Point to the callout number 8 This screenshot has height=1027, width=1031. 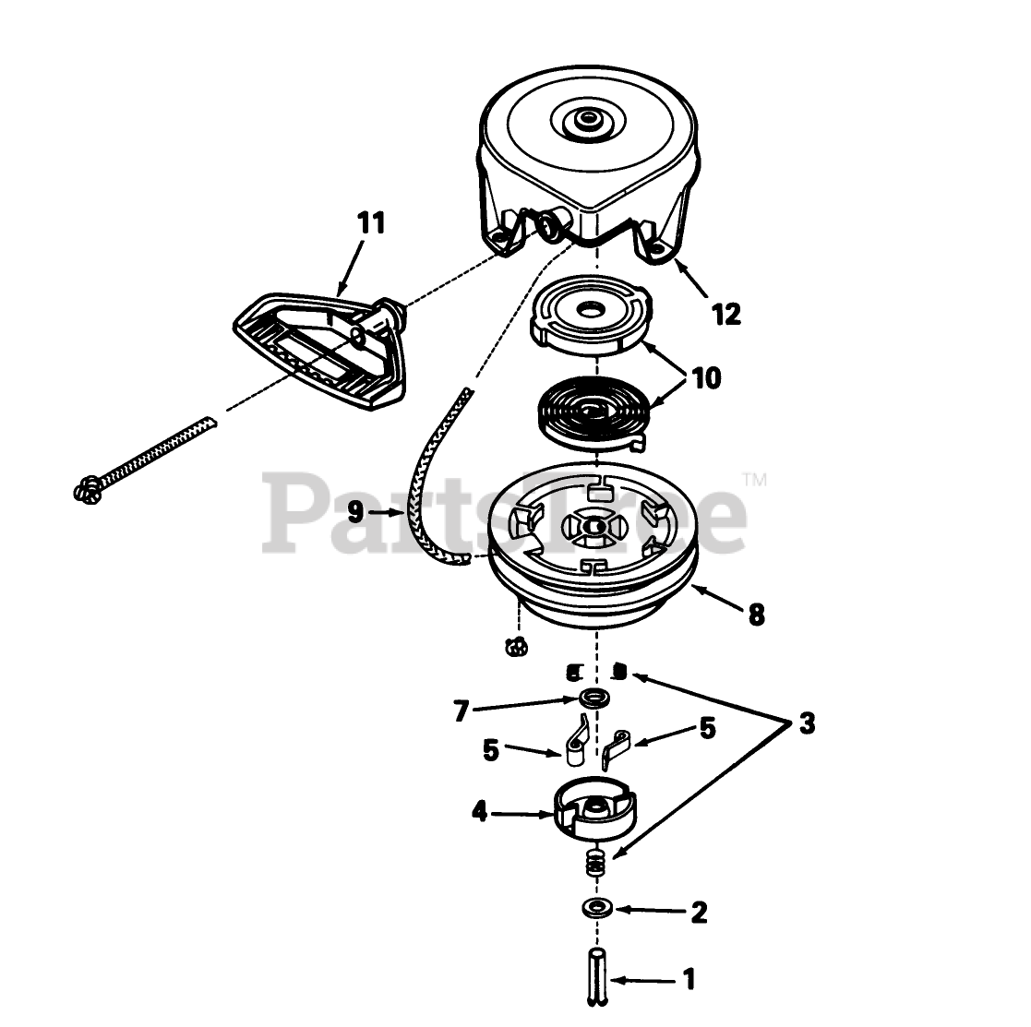756,615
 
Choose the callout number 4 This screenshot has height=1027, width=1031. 480,813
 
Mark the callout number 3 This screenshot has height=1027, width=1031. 807,724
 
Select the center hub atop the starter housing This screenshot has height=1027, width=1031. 585,121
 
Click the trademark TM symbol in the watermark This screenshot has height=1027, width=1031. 755,480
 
